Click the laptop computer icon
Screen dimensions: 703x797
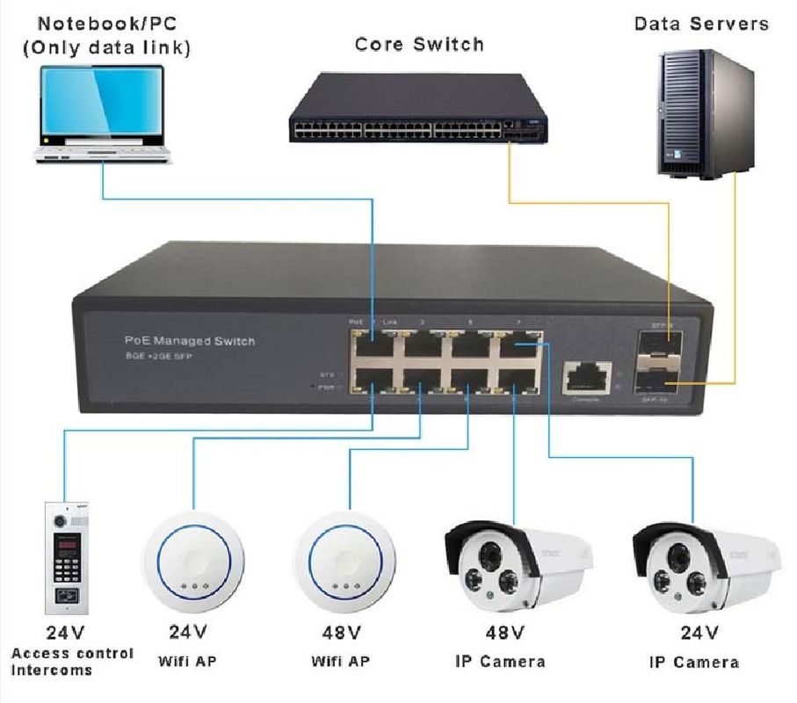pyautogui.click(x=103, y=114)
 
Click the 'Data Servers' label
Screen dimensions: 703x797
pyautogui.click(x=701, y=23)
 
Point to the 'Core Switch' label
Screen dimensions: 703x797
pyautogui.click(x=419, y=43)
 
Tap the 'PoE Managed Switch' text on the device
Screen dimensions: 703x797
pyautogui.click(x=189, y=340)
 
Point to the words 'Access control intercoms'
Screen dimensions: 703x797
pyautogui.click(x=71, y=661)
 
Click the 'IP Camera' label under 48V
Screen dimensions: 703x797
pyautogui.click(x=500, y=661)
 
